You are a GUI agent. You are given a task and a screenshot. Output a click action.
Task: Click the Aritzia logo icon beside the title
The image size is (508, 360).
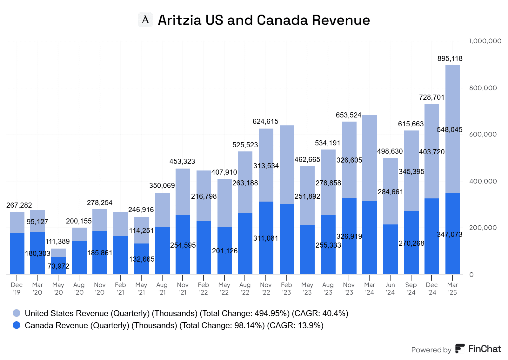pos(145,20)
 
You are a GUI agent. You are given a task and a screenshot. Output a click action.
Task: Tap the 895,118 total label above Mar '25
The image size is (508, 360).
pos(450,58)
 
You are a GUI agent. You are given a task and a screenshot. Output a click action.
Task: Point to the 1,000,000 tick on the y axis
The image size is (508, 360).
pos(485,41)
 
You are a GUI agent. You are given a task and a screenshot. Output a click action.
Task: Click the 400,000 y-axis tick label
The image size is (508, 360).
pos(483,181)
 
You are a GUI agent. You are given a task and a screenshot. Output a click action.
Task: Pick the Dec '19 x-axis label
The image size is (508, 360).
pos(17,289)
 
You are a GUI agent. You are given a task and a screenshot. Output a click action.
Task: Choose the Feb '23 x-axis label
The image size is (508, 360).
pos(286,289)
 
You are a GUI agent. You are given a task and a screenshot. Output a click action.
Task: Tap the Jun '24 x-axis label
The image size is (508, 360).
pos(390,289)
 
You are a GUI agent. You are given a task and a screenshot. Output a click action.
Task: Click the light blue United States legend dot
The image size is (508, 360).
pos(17,313)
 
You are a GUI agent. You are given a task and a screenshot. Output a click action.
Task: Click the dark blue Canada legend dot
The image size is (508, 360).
pos(17,325)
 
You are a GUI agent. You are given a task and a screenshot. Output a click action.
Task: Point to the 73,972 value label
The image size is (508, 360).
pos(58,266)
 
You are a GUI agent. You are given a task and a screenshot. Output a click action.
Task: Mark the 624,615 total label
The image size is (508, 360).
pos(265,121)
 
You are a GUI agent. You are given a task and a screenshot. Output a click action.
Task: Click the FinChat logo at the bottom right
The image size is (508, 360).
pos(478,349)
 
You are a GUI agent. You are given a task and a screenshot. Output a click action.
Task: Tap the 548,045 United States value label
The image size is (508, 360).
pos(450,130)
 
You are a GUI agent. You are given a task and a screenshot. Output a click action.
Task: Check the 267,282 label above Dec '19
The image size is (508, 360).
pos(19,205)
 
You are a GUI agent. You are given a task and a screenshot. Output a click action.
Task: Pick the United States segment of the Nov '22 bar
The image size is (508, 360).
pos(266,149)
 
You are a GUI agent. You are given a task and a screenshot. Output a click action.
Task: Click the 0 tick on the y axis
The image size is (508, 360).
pos(471,275)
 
